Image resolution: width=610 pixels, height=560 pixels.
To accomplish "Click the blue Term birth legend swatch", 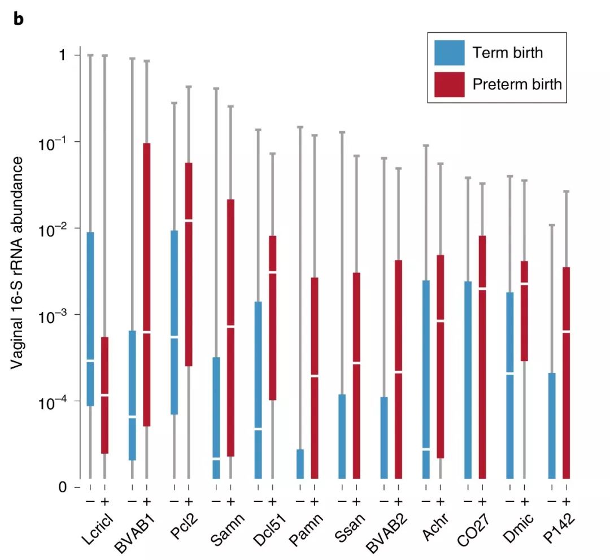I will point(450,53).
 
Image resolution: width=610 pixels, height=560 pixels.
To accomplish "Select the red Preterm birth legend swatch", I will point(450,84).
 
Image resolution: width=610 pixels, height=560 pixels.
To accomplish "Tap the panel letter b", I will point(19,18).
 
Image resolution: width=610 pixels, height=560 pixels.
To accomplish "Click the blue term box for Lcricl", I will point(90,319).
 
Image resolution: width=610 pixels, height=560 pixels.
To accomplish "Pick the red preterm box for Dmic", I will point(524,311).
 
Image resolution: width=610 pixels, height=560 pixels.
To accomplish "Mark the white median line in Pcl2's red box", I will point(189,220).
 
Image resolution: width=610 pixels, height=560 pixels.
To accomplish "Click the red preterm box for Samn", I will point(230,327).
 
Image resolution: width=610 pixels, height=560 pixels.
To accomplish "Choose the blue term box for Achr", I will point(426,379).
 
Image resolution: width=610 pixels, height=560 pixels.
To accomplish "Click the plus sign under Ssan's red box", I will point(356,501).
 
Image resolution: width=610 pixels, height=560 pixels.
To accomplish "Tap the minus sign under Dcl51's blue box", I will point(258,501).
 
